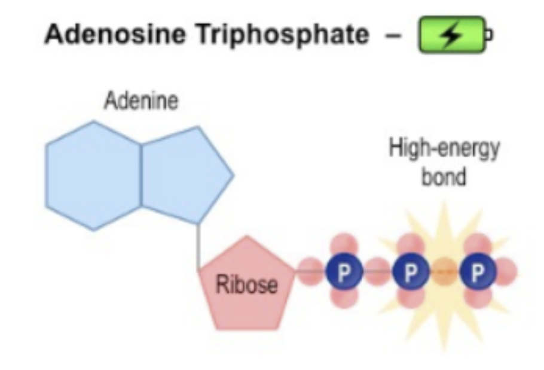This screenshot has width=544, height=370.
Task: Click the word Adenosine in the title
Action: [114, 34]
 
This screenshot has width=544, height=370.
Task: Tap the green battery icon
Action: [455, 34]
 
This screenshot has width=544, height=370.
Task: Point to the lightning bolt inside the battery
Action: [451, 35]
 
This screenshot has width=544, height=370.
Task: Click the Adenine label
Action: [141, 101]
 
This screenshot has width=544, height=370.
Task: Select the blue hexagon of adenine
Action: [93, 175]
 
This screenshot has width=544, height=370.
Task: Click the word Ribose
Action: [247, 284]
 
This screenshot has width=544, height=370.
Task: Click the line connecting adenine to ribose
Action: [198, 247]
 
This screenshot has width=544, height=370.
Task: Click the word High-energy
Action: [444, 148]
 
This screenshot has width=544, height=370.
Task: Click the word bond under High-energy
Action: [444, 177]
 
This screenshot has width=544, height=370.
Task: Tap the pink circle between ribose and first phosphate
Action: [310, 272]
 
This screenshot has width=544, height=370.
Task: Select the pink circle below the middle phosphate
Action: [411, 298]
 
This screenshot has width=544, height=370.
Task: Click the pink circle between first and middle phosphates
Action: [377, 272]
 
